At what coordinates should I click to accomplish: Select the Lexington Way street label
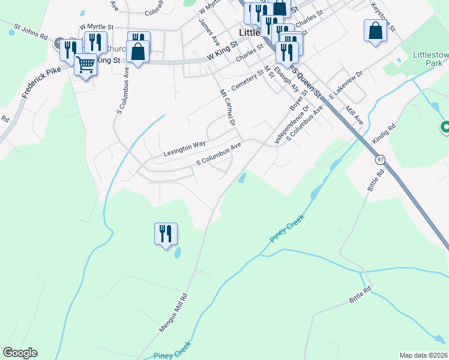pos(185,149)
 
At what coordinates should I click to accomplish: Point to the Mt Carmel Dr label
pos(226,108)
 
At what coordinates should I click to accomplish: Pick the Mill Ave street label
pos(355,115)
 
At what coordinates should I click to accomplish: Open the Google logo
pos(20,353)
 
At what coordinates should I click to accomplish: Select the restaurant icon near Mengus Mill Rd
pos(166,233)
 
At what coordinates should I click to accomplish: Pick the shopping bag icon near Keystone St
pos(375,31)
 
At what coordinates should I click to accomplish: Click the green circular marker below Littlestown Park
pos(445,127)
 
